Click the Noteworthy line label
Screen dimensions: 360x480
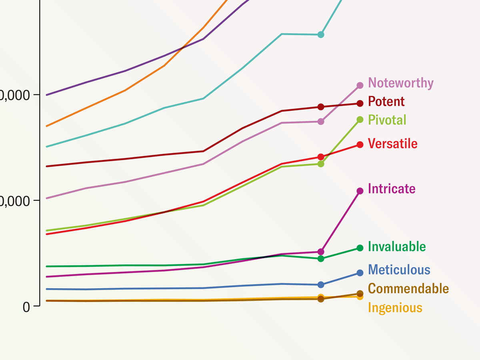pyautogui.click(x=400, y=83)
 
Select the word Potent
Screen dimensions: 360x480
pyautogui.click(x=386, y=102)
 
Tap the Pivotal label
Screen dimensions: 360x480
pyautogui.click(x=387, y=120)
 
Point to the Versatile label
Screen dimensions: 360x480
pyautogui.click(x=392, y=144)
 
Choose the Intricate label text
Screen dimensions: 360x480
pyautogui.click(x=391, y=189)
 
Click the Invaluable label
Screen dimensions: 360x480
pyautogui.click(x=396, y=246)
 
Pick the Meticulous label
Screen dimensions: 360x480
pyautogui.click(x=399, y=270)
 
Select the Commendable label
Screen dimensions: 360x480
pyautogui.click(x=408, y=288)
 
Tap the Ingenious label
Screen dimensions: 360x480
pyautogui.click(x=395, y=308)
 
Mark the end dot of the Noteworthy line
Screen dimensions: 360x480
pyautogui.click(x=360, y=85)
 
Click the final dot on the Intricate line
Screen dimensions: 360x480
pyautogui.click(x=360, y=191)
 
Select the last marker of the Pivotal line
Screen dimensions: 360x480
pyautogui.click(x=360, y=120)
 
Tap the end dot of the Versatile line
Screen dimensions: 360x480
pyautogui.click(x=360, y=144)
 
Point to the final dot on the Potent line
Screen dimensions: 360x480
pyautogui.click(x=360, y=104)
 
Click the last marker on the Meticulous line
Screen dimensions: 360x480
pyautogui.click(x=360, y=273)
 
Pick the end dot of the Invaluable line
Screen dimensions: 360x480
pyautogui.click(x=360, y=248)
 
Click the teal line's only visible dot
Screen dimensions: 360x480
pyautogui.click(x=321, y=35)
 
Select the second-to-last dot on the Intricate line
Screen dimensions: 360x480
pyautogui.click(x=321, y=252)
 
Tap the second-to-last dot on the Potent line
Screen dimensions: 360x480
pyautogui.click(x=321, y=107)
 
